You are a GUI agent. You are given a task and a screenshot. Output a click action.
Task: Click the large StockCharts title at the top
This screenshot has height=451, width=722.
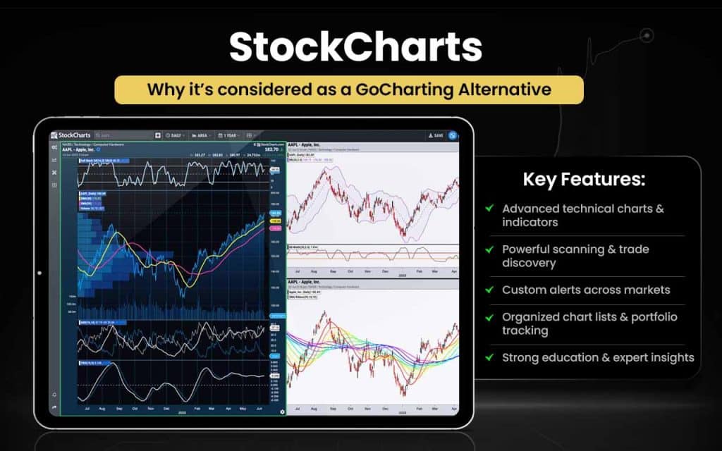355,48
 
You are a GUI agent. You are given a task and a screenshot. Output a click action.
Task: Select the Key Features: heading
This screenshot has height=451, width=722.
584,179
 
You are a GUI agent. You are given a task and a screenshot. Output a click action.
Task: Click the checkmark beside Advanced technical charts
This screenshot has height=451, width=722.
489,209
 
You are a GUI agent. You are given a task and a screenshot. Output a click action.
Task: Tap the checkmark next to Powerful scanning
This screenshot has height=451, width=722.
489,249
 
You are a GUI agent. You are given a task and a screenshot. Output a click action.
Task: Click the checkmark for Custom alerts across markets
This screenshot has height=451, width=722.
489,290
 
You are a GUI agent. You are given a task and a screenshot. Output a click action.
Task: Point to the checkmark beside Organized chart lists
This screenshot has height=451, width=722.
489,317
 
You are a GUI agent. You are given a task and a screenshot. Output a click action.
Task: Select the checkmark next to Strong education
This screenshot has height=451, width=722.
489,358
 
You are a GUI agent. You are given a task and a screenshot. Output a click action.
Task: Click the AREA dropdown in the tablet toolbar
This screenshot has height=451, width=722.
202,135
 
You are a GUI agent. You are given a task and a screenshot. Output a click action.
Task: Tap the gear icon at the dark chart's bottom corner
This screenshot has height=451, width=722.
282,412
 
